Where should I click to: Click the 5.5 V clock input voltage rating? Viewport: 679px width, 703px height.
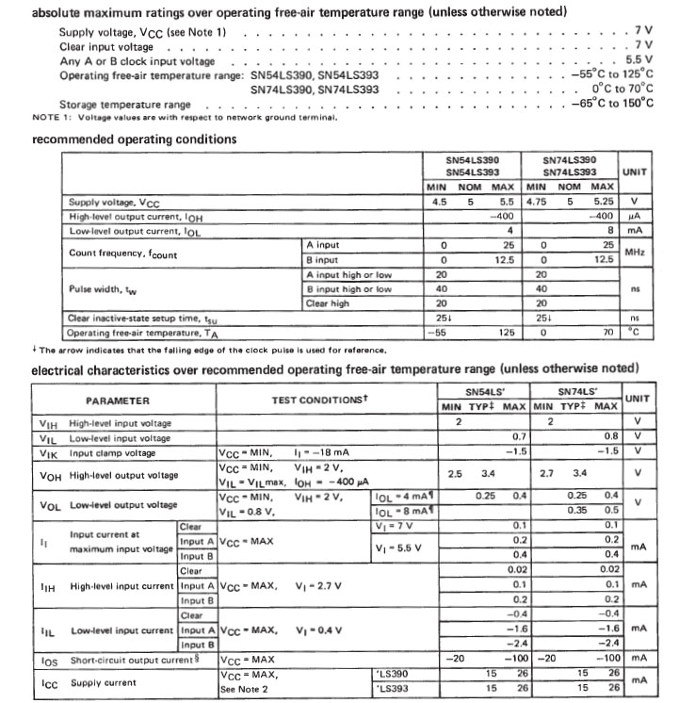(637, 58)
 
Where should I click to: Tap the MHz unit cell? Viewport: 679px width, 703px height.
(633, 253)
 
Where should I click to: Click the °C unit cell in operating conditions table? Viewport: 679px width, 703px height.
(633, 332)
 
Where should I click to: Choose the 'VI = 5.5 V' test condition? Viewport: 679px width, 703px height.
(399, 546)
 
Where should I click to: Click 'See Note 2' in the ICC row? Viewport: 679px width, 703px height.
(244, 688)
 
